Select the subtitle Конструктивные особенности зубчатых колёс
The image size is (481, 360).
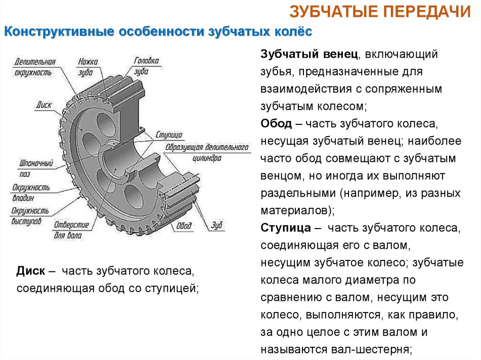tap(158, 32)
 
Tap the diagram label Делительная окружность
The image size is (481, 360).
tap(34, 67)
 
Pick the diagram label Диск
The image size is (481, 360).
tap(43, 105)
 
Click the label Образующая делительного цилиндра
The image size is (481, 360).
tap(206, 153)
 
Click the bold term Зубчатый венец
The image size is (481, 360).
tap(310, 55)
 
